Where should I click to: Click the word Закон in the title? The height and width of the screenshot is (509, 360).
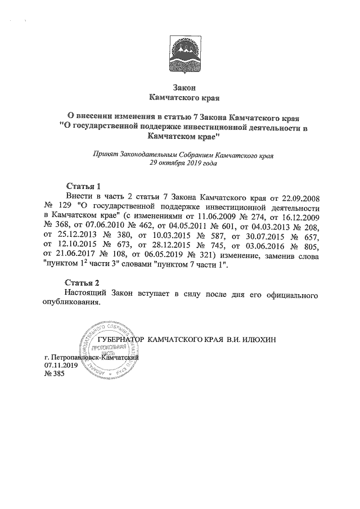click(x=179, y=88)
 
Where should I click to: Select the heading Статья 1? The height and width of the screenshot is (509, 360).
click(x=83, y=186)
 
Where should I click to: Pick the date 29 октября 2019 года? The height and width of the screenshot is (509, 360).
click(x=179, y=163)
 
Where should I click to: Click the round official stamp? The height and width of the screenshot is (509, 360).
click(x=110, y=348)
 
